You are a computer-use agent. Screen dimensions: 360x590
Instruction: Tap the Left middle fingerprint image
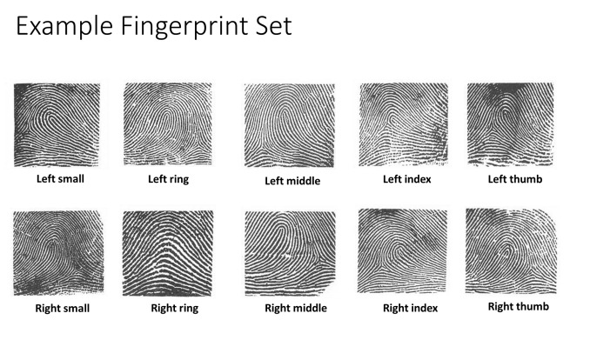coord(288,125)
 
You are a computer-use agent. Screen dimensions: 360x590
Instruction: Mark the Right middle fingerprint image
coord(288,253)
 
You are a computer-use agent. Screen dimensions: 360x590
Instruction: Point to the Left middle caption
coord(292,181)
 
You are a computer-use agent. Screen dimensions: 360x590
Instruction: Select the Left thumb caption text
coord(512,179)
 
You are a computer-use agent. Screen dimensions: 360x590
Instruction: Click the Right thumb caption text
coord(518,306)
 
